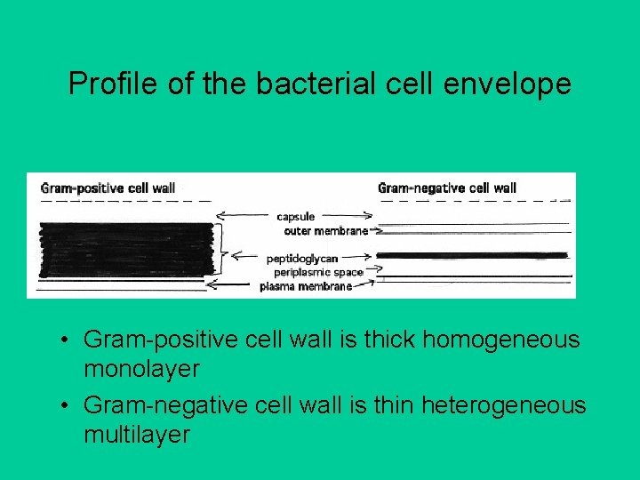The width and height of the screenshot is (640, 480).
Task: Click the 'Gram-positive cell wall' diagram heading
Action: click(108, 188)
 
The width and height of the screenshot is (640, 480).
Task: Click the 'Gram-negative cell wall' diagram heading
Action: click(446, 188)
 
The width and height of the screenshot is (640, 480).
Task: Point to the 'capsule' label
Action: click(295, 216)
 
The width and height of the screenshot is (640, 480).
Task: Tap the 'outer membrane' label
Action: click(325, 231)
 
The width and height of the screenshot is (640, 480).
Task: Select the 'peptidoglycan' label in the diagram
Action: click(301, 258)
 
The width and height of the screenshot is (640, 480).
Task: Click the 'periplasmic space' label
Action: click(318, 272)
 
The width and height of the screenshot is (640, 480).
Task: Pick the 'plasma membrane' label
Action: click(305, 286)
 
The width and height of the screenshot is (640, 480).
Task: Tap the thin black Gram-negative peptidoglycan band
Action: click(472, 255)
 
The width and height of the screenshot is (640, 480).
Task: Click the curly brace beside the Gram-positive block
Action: click(224, 250)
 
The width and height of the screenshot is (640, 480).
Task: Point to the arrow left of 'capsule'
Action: click(244, 215)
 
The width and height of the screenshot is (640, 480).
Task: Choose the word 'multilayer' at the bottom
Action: click(136, 435)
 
